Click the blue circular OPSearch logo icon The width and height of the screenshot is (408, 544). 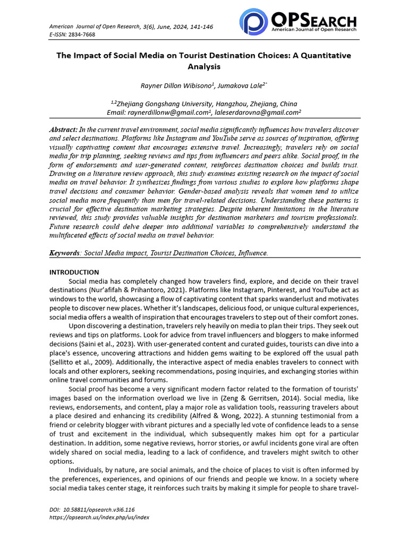tap(253, 21)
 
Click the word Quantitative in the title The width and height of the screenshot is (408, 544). tap(320, 56)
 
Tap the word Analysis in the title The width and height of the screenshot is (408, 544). tap(203, 67)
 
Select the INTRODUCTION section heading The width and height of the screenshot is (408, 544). tap(74, 273)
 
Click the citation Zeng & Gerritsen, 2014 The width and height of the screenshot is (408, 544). tap(269, 407)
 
